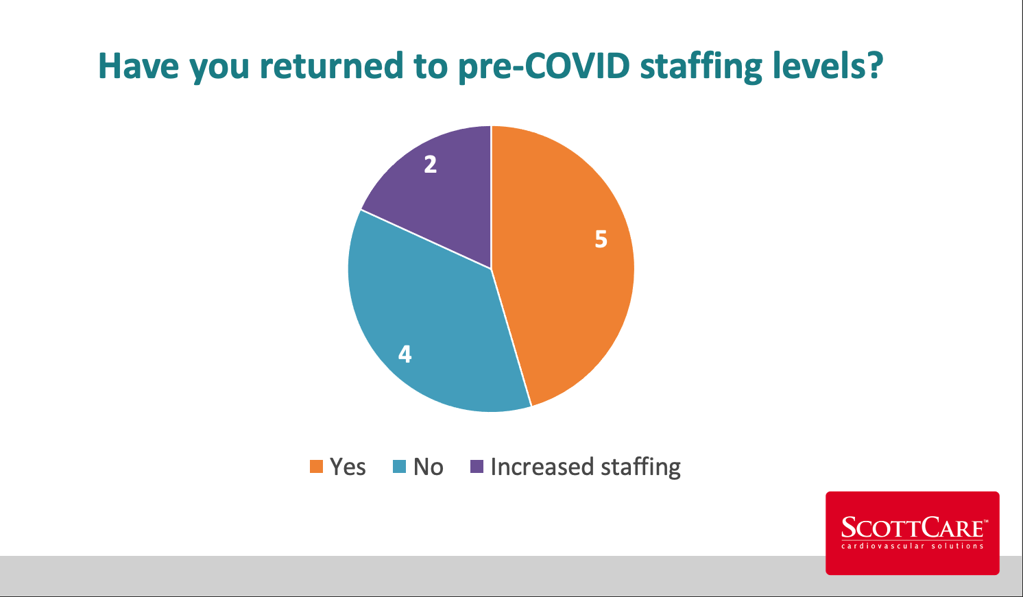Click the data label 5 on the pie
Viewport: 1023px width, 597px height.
[601, 239]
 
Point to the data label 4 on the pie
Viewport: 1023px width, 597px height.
[405, 354]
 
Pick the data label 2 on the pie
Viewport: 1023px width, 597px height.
[430, 165]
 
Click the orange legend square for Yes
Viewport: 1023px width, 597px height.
[316, 467]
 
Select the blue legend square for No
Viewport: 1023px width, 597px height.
[399, 467]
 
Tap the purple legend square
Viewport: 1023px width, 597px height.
[477, 467]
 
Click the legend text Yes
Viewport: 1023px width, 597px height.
[348, 467]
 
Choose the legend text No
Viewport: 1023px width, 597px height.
[429, 467]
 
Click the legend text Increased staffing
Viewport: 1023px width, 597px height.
[586, 467]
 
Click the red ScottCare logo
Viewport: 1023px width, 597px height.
[912, 533]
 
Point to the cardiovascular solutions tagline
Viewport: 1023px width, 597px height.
[912, 546]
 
